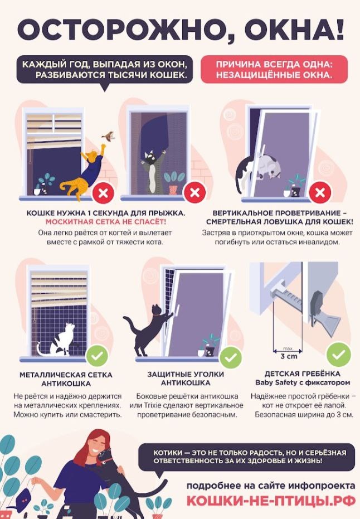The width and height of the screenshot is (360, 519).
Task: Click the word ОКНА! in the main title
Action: pos(295,29)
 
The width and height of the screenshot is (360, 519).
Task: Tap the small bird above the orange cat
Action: pos(108,135)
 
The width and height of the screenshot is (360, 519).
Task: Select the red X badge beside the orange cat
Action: pos(103,193)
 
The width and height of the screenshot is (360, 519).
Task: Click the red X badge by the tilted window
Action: pos(320,192)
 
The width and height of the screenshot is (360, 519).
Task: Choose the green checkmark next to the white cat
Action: pos(98,356)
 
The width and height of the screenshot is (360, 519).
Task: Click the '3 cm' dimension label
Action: pos(289,356)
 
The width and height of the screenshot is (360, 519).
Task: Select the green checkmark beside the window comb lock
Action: pos(338,354)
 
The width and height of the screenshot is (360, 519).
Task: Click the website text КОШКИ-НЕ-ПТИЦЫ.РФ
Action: pos(271,501)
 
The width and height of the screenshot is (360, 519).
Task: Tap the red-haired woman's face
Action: pos(99,446)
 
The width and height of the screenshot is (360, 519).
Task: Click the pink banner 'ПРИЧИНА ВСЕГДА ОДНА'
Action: pos(274,69)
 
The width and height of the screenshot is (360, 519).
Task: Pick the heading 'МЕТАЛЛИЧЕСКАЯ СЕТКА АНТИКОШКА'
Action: pos(66,379)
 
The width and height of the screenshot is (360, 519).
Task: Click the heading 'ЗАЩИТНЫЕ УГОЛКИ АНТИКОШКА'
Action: pos(186,379)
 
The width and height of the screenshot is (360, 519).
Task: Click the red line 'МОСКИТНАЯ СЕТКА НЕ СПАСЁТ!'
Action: pos(106,222)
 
